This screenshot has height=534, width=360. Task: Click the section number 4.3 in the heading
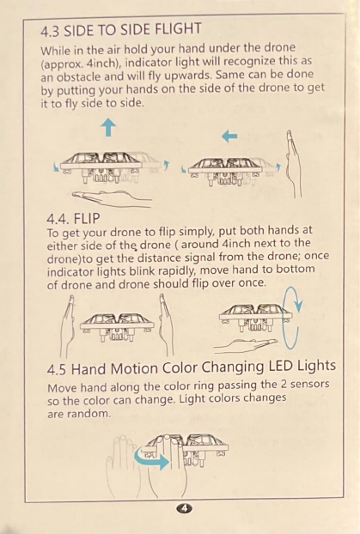click(x=50, y=32)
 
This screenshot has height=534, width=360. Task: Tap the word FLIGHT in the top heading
click(x=178, y=29)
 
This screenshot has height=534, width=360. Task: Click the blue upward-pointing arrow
click(x=108, y=127)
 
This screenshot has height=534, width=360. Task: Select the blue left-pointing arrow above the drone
click(x=229, y=137)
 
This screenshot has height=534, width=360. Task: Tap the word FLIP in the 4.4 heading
click(x=87, y=218)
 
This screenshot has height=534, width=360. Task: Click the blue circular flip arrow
click(x=292, y=317)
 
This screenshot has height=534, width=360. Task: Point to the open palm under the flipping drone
click(x=246, y=345)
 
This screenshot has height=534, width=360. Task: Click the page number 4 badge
click(x=185, y=508)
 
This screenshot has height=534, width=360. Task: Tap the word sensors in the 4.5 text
click(x=309, y=384)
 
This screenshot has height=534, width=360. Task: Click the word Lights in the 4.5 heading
click(x=316, y=366)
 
